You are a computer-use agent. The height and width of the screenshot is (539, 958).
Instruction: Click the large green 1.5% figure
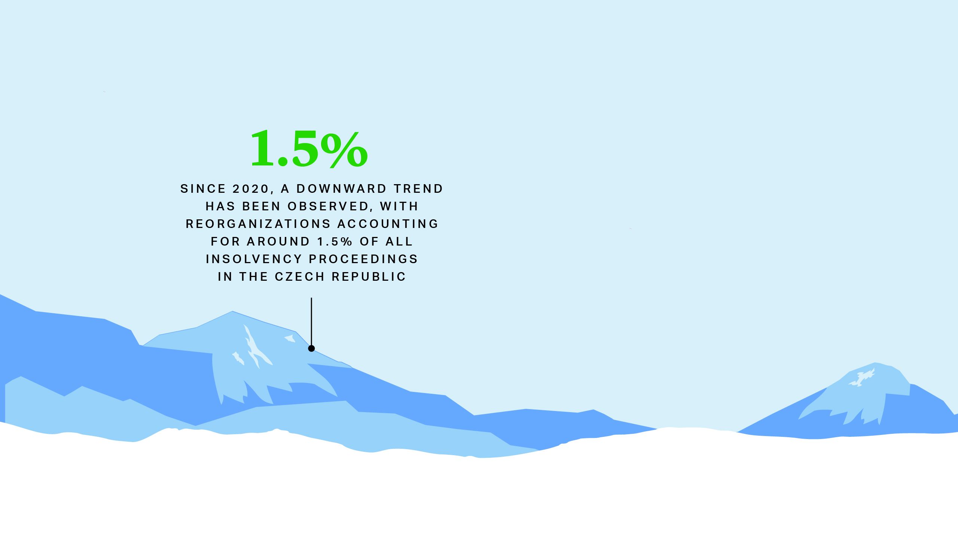click(x=309, y=149)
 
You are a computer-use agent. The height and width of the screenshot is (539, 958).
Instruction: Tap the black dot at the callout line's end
click(x=311, y=348)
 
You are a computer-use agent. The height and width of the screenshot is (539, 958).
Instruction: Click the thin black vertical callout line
click(x=311, y=322)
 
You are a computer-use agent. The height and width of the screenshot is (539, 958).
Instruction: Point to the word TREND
click(x=418, y=189)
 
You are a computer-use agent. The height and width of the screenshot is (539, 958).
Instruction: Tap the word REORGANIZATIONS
click(x=258, y=224)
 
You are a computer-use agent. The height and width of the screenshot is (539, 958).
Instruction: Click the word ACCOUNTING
click(x=388, y=224)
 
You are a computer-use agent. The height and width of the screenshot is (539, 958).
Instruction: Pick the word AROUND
click(x=278, y=241)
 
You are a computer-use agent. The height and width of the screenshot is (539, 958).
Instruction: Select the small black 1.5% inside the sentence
click(x=335, y=241)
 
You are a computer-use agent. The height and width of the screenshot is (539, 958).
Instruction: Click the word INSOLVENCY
click(x=254, y=259)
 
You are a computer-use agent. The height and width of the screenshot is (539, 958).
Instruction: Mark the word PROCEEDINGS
click(x=363, y=259)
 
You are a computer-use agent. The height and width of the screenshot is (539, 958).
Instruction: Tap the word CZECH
click(x=300, y=277)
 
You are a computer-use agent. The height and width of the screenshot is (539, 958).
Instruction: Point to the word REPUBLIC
click(x=369, y=277)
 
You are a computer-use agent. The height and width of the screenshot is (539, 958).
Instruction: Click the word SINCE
click(x=203, y=189)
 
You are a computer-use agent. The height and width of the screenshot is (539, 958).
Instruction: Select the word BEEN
click(x=262, y=206)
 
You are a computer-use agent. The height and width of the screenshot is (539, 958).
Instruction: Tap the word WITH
click(x=399, y=206)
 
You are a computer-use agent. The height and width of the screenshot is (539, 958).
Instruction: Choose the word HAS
click(x=220, y=206)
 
